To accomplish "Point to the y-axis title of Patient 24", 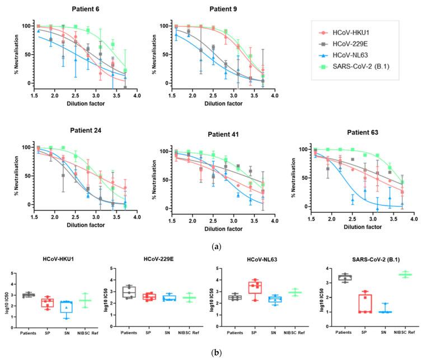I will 8,176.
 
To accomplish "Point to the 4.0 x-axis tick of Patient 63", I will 412,221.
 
